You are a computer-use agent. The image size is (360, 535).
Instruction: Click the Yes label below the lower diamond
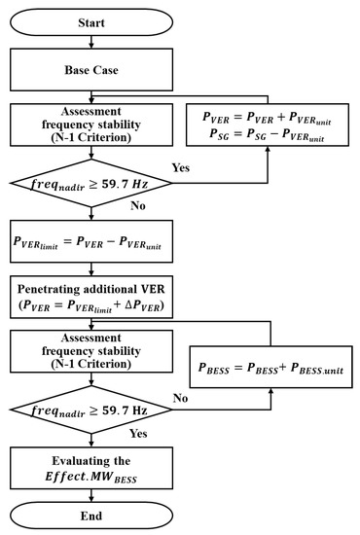point(138,435)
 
